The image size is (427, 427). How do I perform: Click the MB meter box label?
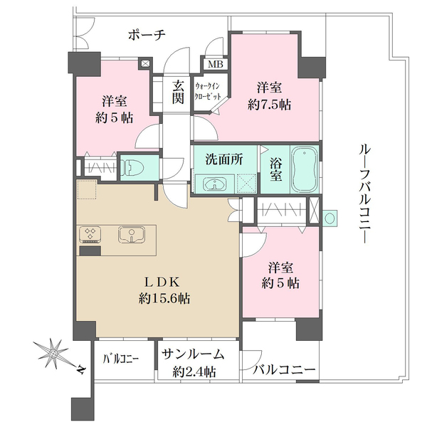click(x=216, y=64)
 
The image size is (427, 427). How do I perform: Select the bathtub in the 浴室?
click(x=305, y=169)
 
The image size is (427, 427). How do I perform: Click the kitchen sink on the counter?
click(x=132, y=235)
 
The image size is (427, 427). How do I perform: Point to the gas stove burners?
click(x=90, y=234)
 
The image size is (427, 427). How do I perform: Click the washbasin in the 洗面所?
click(x=215, y=184)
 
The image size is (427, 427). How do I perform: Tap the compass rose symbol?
click(x=53, y=354)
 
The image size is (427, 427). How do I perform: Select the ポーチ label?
click(x=147, y=36)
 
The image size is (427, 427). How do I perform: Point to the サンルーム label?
click(x=193, y=354)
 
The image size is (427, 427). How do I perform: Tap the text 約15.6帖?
click(x=164, y=299)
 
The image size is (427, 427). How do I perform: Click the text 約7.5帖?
click(x=269, y=105)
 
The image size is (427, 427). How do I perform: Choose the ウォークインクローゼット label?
click(x=208, y=92)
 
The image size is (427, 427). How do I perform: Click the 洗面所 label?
click(x=224, y=159)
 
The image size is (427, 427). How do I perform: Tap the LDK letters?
click(x=162, y=283)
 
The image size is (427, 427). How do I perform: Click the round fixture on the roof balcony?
click(x=330, y=218)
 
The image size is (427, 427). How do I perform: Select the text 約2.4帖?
click(x=194, y=371)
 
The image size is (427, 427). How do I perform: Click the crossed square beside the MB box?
click(x=145, y=64)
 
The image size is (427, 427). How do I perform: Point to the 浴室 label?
click(x=276, y=169)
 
